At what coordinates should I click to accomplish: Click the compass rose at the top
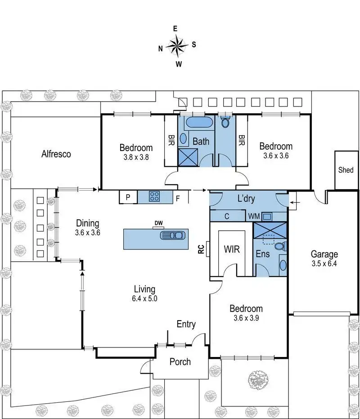(x=177, y=45)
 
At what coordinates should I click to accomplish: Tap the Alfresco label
(x=56, y=154)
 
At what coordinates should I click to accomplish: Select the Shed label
(x=346, y=170)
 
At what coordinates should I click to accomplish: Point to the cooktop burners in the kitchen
(x=155, y=196)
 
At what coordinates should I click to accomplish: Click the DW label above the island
(x=158, y=223)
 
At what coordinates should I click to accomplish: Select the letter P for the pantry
(x=128, y=197)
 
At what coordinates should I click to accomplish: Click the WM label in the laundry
(x=253, y=216)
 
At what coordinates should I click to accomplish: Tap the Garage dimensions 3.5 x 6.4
(x=326, y=264)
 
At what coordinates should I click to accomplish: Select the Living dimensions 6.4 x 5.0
(x=144, y=298)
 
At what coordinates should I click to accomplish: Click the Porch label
(x=180, y=361)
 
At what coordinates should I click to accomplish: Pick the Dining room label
(x=87, y=223)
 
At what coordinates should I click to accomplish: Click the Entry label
(x=186, y=324)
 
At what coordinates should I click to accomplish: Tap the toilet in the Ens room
(x=280, y=246)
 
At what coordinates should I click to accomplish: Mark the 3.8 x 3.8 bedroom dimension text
(x=136, y=157)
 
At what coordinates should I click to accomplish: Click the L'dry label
(x=246, y=198)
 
